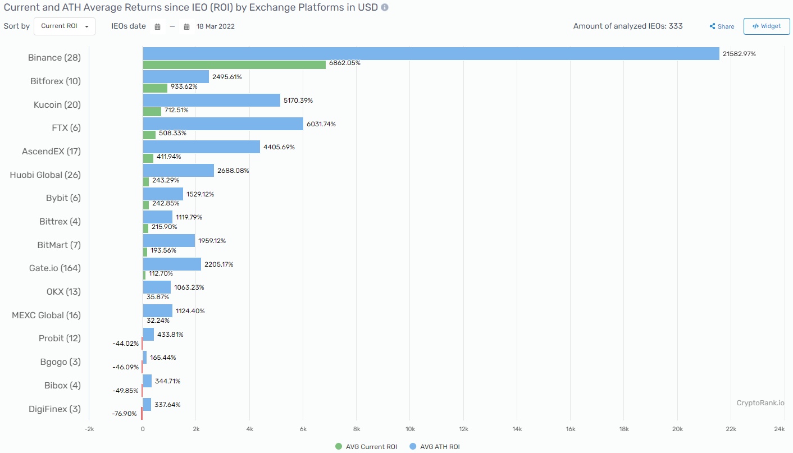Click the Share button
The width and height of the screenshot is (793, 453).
click(x=722, y=26)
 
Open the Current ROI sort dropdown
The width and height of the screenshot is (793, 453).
click(x=65, y=26)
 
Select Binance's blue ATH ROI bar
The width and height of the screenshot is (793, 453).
click(x=431, y=53)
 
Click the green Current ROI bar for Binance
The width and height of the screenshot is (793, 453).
click(x=234, y=65)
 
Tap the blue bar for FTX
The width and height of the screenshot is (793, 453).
click(x=223, y=123)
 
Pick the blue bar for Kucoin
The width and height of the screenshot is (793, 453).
click(x=211, y=100)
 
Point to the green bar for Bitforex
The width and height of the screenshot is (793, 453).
click(x=155, y=88)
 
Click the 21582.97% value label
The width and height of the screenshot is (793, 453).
click(x=739, y=54)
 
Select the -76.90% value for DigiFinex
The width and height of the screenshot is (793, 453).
click(x=125, y=414)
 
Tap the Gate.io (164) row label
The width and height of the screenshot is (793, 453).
click(x=55, y=268)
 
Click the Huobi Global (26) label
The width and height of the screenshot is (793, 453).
click(x=45, y=175)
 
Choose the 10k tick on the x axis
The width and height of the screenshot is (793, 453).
click(x=409, y=429)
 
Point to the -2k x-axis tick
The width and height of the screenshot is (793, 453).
click(x=89, y=429)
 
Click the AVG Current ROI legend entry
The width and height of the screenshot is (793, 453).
click(x=366, y=447)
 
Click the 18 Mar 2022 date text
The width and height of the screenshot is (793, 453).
click(x=216, y=26)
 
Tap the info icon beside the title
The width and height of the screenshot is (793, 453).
click(x=384, y=8)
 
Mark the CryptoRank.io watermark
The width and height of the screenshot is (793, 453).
click(x=760, y=403)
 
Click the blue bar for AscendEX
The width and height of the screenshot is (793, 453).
click(x=201, y=147)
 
